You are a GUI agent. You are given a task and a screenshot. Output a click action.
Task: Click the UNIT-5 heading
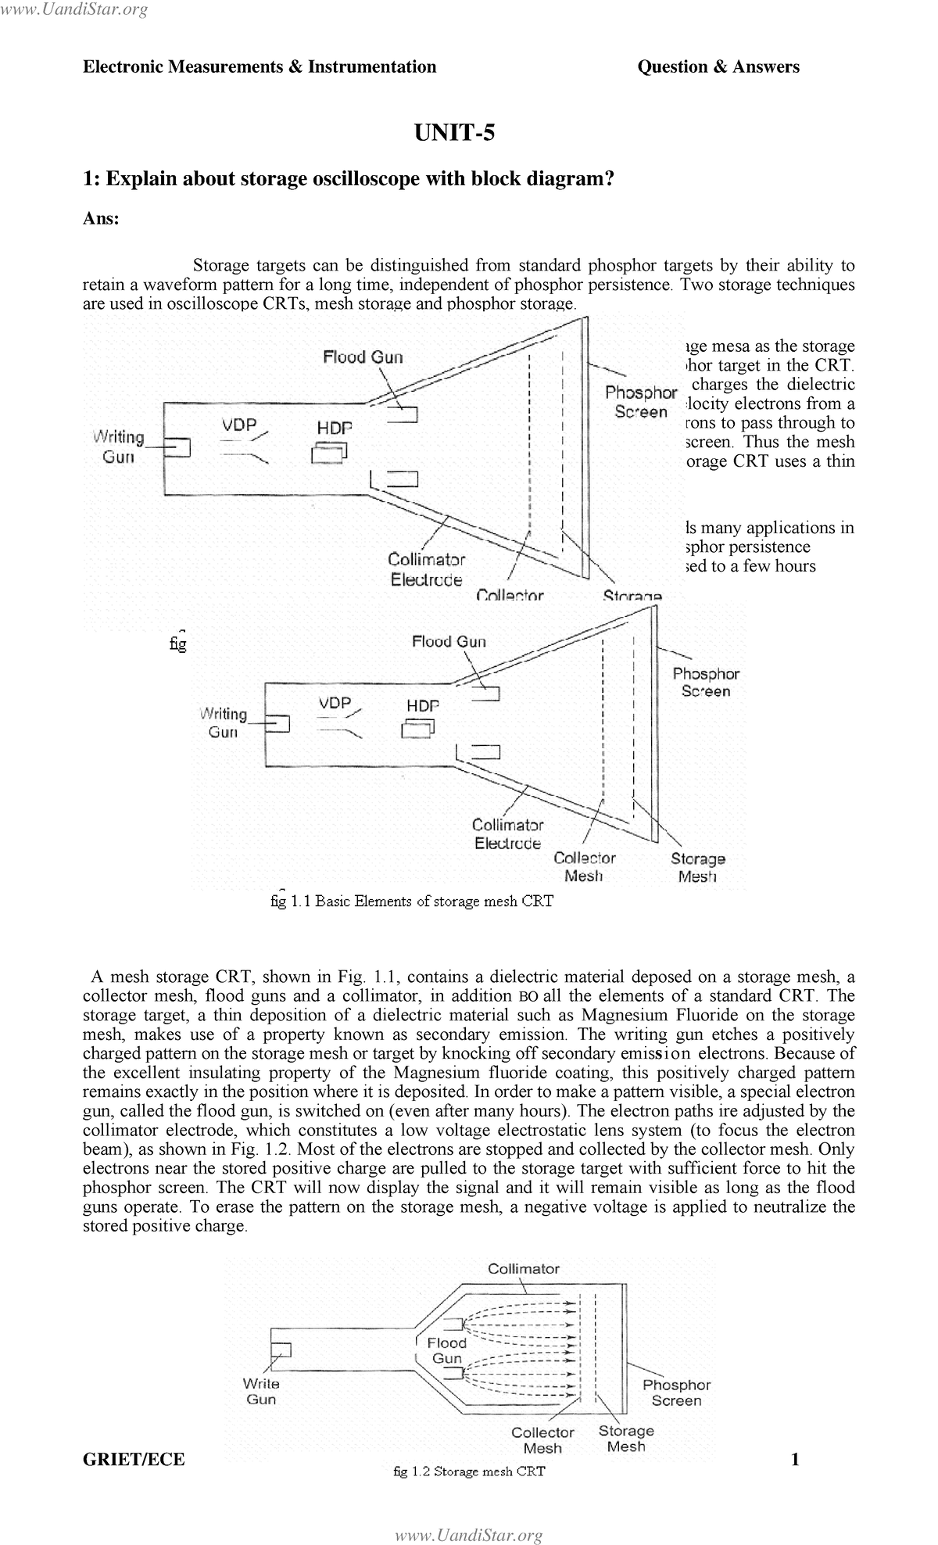click(x=454, y=133)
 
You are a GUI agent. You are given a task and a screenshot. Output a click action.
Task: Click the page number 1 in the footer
click(x=795, y=1459)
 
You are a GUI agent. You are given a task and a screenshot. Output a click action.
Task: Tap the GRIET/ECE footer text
click(x=134, y=1459)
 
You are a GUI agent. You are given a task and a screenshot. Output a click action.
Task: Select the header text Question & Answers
click(x=718, y=67)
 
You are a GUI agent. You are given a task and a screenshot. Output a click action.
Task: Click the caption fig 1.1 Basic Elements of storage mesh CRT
click(x=411, y=901)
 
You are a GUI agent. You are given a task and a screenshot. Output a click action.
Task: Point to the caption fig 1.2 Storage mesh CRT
click(x=468, y=1471)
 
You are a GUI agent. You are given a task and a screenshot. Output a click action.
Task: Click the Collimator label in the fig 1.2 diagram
click(x=523, y=1268)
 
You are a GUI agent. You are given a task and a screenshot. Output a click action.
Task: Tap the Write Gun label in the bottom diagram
click(x=261, y=1391)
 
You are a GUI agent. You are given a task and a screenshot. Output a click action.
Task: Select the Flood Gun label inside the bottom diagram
click(x=447, y=1350)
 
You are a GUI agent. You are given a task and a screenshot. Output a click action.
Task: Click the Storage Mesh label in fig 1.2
click(x=626, y=1438)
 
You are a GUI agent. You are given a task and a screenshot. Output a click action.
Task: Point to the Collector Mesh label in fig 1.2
click(x=542, y=1439)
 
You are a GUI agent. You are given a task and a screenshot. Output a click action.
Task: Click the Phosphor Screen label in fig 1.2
click(x=676, y=1393)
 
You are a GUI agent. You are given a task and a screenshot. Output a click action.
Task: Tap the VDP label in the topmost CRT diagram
click(x=239, y=425)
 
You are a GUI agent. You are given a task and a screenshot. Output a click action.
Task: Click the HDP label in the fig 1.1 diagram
click(x=422, y=705)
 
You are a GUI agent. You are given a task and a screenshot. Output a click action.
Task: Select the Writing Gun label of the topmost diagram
click(x=119, y=446)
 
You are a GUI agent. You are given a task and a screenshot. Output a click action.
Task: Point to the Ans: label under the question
click(x=101, y=219)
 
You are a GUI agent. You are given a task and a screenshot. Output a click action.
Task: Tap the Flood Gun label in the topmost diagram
click(x=363, y=357)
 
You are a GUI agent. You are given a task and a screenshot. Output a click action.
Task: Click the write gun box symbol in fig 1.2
click(x=281, y=1350)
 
